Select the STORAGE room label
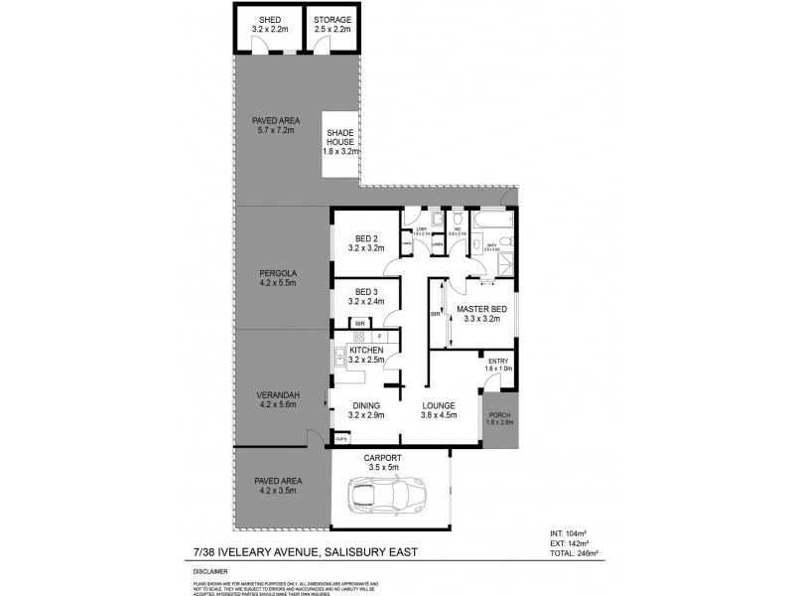331,20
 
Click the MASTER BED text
477,308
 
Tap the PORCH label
499,416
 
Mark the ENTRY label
496,361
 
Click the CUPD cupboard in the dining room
341,438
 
